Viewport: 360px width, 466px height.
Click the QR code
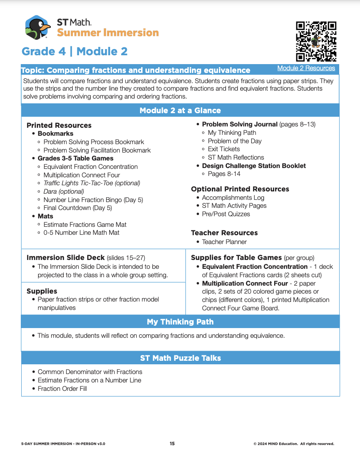point(316,41)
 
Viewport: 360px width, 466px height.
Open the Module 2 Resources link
point(306,68)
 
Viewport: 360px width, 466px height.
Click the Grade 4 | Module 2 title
point(75,51)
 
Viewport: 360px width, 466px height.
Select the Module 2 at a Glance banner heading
point(180,111)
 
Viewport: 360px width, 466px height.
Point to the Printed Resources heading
point(59,125)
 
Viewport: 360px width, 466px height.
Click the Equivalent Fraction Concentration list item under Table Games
point(90,167)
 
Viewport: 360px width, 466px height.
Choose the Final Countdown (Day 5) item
point(77,208)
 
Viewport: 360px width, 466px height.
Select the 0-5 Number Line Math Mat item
point(81,233)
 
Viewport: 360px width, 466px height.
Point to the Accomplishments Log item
point(233,197)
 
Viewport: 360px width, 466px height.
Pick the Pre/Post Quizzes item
point(226,214)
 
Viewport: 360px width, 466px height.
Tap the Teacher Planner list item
point(224,242)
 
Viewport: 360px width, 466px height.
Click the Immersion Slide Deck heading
point(65,257)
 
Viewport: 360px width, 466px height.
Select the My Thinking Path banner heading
point(180,322)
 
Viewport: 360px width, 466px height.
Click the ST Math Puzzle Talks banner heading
point(180,358)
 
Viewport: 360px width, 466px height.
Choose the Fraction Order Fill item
point(62,389)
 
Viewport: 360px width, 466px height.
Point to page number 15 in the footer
point(172,443)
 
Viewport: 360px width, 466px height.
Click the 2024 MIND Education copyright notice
point(294,443)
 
